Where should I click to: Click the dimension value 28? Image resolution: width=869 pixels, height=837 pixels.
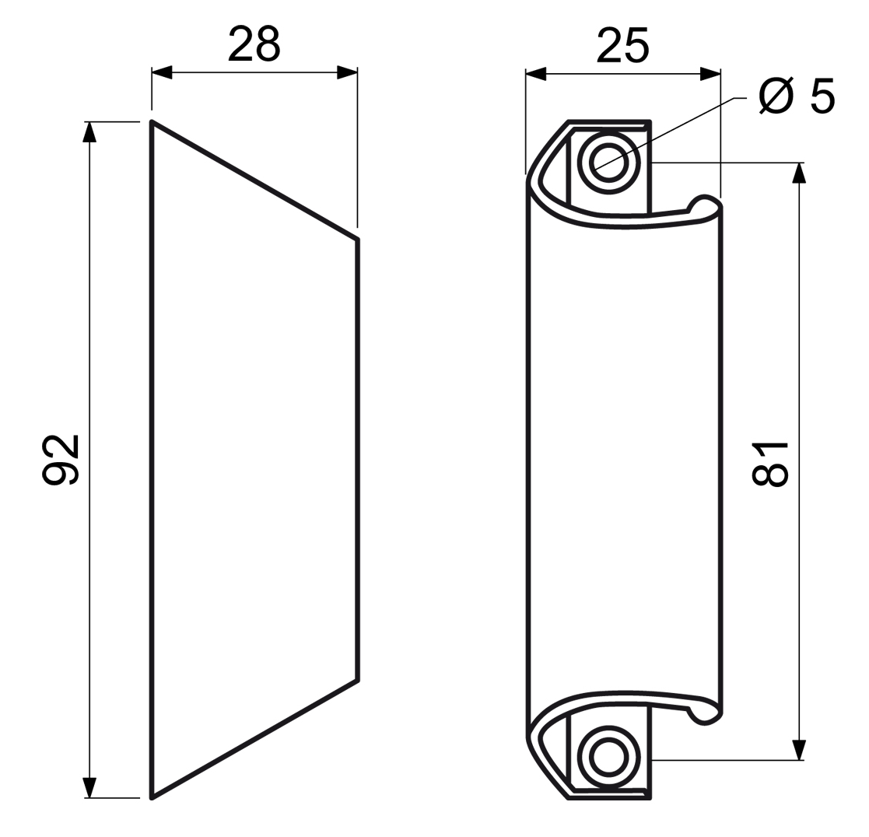click(254, 44)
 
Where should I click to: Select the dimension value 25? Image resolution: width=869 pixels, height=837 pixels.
click(622, 45)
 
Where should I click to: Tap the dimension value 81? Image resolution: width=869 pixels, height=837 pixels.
click(769, 464)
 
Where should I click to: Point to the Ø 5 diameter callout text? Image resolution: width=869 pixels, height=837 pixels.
click(797, 96)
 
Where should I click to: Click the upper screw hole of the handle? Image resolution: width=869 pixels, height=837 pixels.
click(608, 162)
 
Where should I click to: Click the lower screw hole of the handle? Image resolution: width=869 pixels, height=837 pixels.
click(608, 757)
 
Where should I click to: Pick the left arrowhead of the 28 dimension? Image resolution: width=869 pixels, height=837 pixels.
click(162, 72)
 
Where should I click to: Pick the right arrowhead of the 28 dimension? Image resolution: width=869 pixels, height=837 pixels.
click(347, 72)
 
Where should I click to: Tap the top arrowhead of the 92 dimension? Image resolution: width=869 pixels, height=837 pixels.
click(89, 132)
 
